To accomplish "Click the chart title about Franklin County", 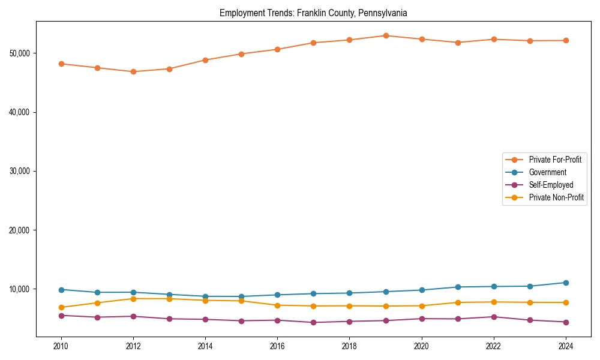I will [x=313, y=13].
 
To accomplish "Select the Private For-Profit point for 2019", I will [x=386, y=36].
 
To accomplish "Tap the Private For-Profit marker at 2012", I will [x=133, y=71].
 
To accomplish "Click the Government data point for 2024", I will [x=566, y=283].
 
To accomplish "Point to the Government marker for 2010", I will [x=61, y=290].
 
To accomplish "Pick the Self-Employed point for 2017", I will [x=313, y=322].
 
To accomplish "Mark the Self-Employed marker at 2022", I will [x=494, y=317].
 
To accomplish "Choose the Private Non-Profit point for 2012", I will [x=133, y=299].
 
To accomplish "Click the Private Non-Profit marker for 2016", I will [x=277, y=305].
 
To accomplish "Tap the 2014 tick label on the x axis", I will [x=205, y=346].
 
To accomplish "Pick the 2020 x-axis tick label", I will [x=422, y=346].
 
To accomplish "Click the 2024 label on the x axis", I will [x=566, y=346].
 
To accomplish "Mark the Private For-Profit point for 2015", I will [x=241, y=54].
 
